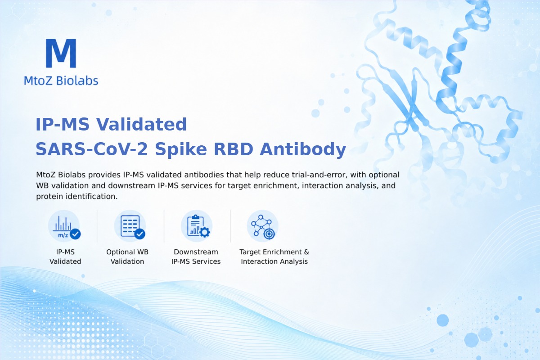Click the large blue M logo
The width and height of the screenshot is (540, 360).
(x=61, y=53)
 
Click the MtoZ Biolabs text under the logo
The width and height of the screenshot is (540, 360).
(x=61, y=81)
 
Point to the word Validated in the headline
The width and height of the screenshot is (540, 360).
(x=141, y=124)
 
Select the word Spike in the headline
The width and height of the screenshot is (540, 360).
(x=181, y=149)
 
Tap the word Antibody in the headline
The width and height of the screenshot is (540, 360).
(x=303, y=149)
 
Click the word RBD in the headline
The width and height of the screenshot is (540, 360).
(x=234, y=149)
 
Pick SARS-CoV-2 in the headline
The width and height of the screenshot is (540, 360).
(x=92, y=149)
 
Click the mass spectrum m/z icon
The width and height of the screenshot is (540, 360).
(x=64, y=226)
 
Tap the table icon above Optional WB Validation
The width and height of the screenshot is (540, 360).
(x=130, y=226)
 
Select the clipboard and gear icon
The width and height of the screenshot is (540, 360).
(x=197, y=226)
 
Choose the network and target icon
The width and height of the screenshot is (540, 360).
(x=262, y=226)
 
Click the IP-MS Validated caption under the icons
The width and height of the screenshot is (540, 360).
(x=65, y=256)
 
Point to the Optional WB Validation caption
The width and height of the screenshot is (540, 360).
(x=127, y=256)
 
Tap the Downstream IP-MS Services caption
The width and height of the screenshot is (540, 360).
(x=196, y=256)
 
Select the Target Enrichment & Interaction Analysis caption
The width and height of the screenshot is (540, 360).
(x=274, y=256)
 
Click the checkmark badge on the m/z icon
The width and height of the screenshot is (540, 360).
(x=75, y=234)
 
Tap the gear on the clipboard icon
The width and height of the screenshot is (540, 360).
(x=205, y=232)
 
